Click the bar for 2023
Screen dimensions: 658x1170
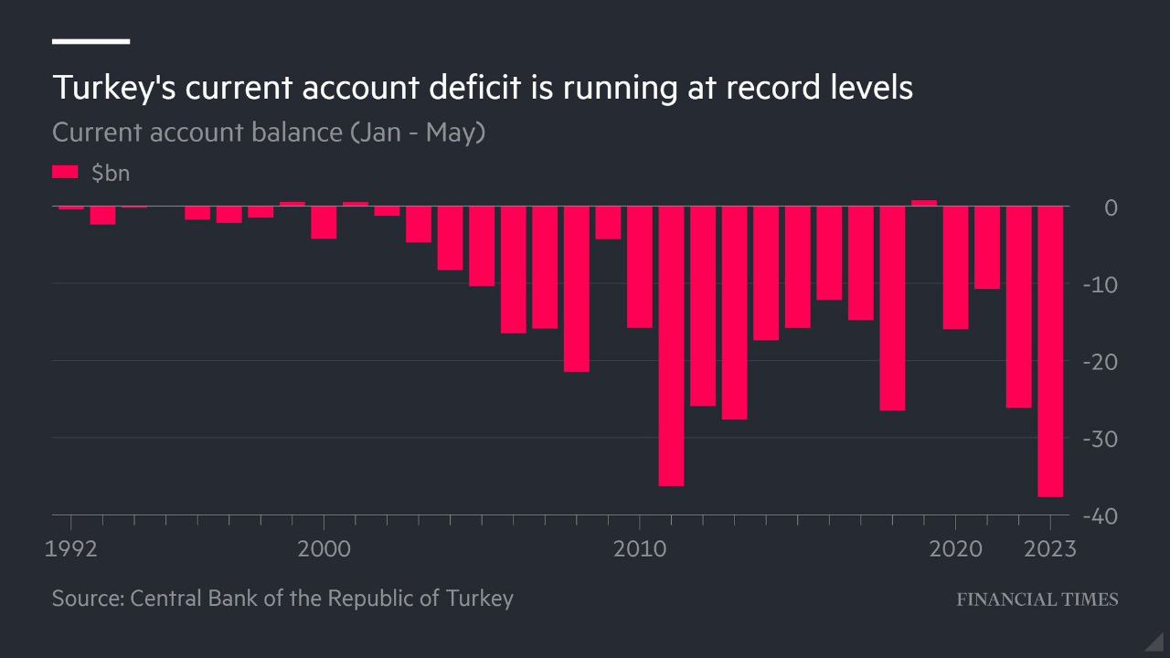pos(1050,352)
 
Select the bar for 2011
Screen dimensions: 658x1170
pos(671,346)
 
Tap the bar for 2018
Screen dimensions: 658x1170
pos(892,309)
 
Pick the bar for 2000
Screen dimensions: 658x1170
pos(324,223)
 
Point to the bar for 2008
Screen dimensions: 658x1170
pos(576,290)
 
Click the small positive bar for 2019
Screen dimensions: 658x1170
pos(924,203)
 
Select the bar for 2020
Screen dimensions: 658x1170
pos(955,268)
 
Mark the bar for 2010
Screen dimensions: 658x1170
pos(640,267)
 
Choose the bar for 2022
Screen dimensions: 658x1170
pos(1018,307)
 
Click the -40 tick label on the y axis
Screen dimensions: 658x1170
pos(1100,516)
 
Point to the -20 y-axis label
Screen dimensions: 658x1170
pos(1100,362)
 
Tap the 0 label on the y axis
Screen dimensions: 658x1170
pos(1111,207)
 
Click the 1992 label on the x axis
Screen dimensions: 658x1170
pos(71,549)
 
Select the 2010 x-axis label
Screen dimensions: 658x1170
pos(640,549)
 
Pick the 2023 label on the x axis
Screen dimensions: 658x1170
pos(1050,549)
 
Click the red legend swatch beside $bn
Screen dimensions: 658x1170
pos(66,172)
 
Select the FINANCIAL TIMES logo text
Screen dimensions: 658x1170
pos(1037,600)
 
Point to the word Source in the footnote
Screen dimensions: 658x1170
pos(86,599)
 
